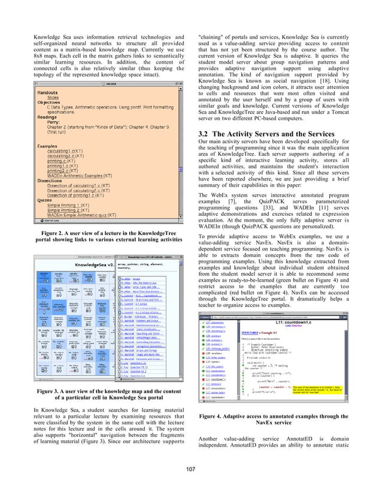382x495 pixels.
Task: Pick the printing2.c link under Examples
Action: [x=54, y=170]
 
